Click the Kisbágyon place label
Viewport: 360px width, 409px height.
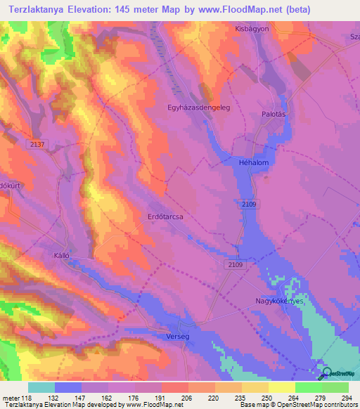tap(252, 30)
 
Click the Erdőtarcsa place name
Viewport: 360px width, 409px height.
tap(165, 217)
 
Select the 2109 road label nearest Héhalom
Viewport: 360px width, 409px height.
tap(247, 204)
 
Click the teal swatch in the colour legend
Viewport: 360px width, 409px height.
tap(41, 387)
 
